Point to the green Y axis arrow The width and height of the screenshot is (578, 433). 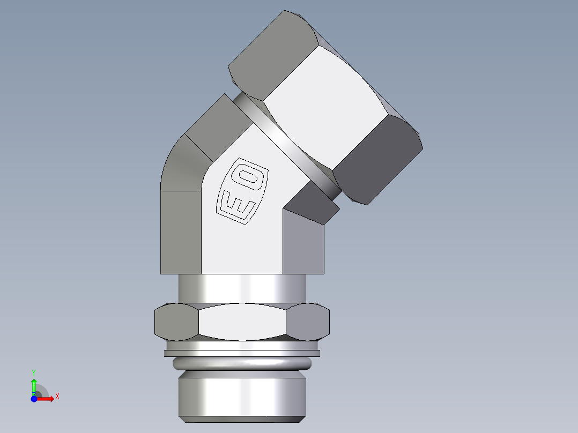pos(34,386)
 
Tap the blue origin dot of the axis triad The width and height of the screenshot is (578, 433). pos(34,399)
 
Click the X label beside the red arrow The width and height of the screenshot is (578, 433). pos(57,397)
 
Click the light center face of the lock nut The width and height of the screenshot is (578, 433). pos(242,322)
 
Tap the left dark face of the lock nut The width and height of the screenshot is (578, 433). pos(176,322)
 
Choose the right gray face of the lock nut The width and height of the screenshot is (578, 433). pos(308,322)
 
